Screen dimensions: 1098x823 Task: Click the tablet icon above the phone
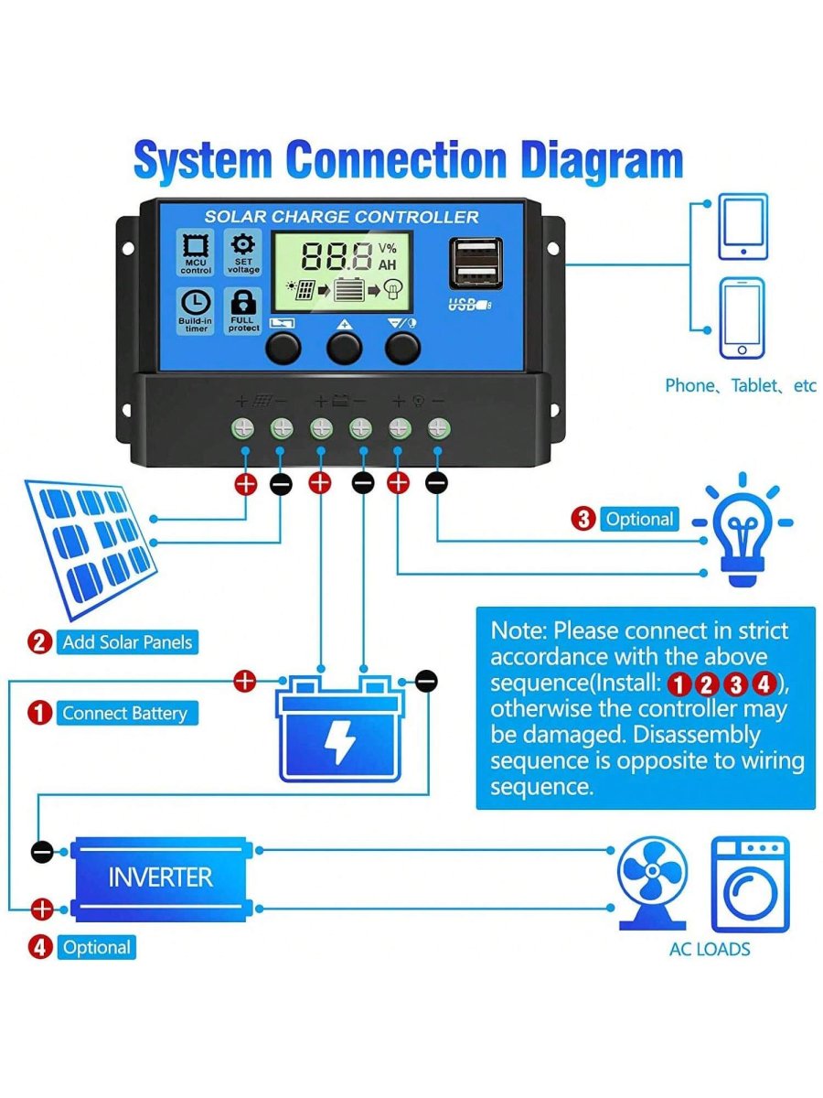click(x=743, y=226)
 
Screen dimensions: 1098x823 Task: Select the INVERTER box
click(x=160, y=877)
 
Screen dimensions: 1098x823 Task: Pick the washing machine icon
click(x=750, y=883)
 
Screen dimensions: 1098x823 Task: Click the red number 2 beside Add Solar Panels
click(x=39, y=642)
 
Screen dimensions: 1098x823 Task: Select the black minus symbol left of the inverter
click(x=42, y=851)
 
